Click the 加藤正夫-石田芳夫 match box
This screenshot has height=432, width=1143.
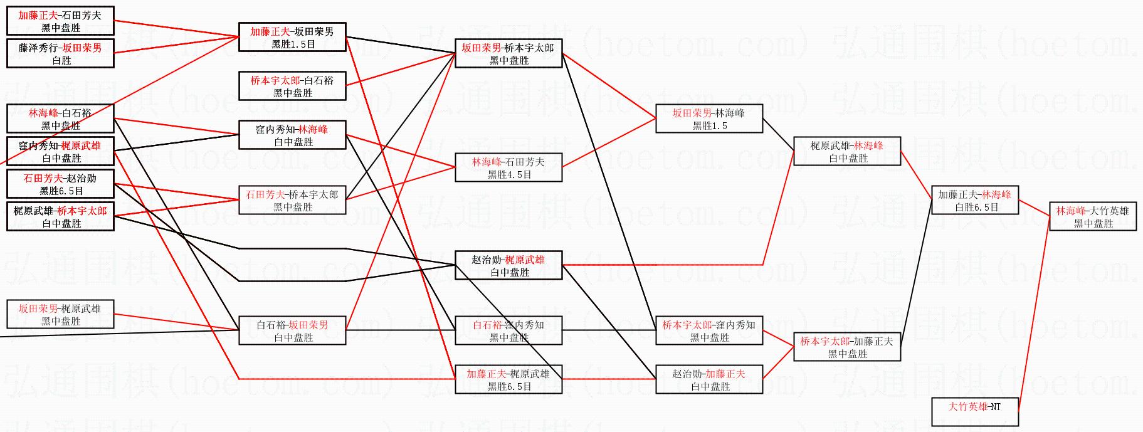[x=60, y=21]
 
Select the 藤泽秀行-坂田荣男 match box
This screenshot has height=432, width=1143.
[x=60, y=53]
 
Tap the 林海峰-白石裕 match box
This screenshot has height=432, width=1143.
[x=60, y=119]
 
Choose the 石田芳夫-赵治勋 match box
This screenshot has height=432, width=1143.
[x=60, y=184]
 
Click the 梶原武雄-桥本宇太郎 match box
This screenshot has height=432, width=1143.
[x=60, y=216]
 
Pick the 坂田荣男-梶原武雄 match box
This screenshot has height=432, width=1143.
[x=60, y=314]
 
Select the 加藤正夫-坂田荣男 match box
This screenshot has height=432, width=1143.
[x=292, y=37]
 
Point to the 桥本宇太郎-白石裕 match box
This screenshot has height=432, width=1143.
[x=292, y=86]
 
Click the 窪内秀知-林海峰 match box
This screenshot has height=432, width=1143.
[x=292, y=135]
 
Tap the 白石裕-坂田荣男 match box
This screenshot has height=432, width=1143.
[x=292, y=330]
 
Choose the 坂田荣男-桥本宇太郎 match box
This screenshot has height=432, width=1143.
[x=508, y=53]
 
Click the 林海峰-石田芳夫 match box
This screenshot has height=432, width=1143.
[x=508, y=167]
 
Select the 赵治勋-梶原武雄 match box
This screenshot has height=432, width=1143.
[x=508, y=265]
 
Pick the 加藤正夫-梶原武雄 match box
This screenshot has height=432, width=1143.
[x=508, y=379]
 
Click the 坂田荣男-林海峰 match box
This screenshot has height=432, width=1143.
[x=709, y=119]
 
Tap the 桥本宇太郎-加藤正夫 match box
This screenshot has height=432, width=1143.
[x=847, y=347]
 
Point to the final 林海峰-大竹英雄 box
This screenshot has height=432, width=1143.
[x=1092, y=216]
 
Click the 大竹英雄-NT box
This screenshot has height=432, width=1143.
[x=975, y=412]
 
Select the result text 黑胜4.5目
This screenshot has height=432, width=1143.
[x=509, y=175]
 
